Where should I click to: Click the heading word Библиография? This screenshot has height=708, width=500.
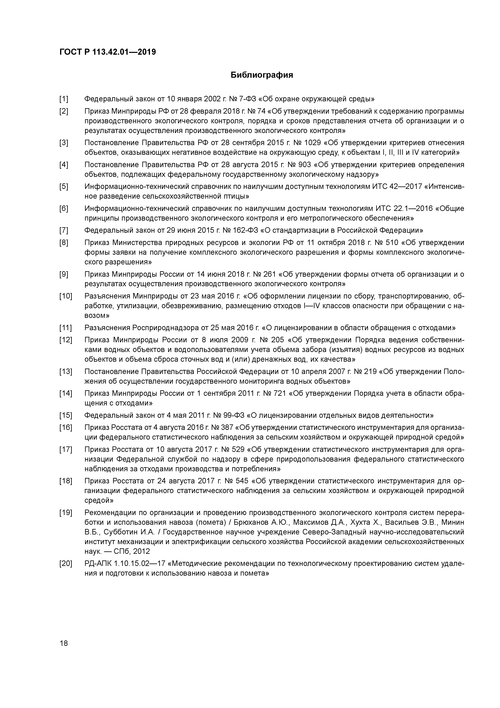[262, 75]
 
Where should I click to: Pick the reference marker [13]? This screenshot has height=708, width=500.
[66, 372]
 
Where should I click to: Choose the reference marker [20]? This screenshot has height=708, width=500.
[66, 564]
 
